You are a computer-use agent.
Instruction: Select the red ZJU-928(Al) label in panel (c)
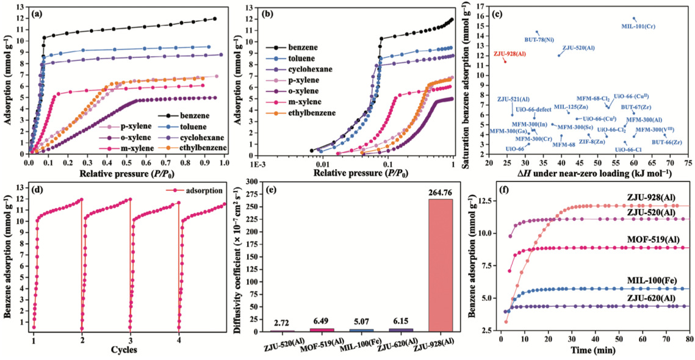509,54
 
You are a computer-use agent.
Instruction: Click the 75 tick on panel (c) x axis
688,164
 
